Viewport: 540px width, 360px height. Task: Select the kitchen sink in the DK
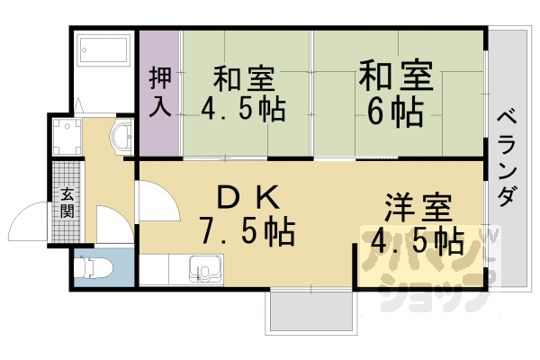tap(205, 269)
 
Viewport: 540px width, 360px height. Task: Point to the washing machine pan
tap(67, 137)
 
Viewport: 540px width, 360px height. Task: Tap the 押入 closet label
tap(160, 93)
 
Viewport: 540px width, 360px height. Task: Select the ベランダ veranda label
tap(508, 158)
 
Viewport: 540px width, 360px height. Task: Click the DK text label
tap(248, 197)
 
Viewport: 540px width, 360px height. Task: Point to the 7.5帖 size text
tap(247, 230)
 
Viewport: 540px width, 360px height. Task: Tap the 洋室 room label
tap(418, 208)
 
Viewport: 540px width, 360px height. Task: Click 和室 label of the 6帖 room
tap(396, 76)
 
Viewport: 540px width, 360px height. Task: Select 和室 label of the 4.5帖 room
tap(244, 79)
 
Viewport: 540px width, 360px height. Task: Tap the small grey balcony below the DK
tap(311, 311)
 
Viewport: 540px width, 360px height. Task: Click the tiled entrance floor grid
tap(66, 202)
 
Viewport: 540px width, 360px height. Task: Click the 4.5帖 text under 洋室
tap(418, 241)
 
